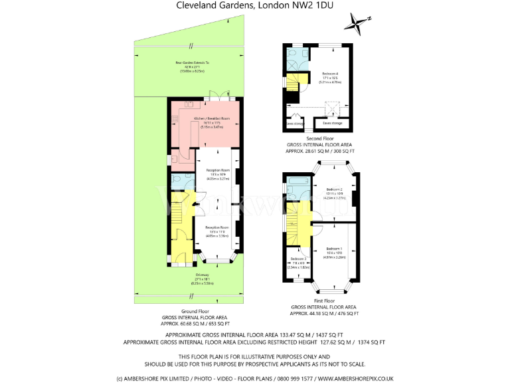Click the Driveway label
pos(202,275)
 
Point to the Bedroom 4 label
pos(330,73)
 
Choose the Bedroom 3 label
pos(297,259)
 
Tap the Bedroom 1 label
pos(334,249)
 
